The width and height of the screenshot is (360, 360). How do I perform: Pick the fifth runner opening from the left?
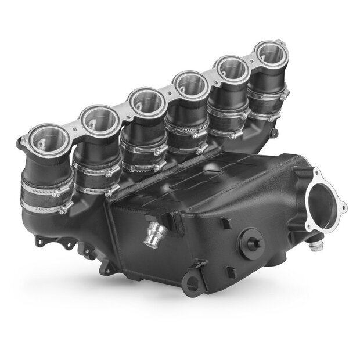coord(232,70)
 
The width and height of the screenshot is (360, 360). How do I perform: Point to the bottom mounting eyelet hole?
coord(189,283)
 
